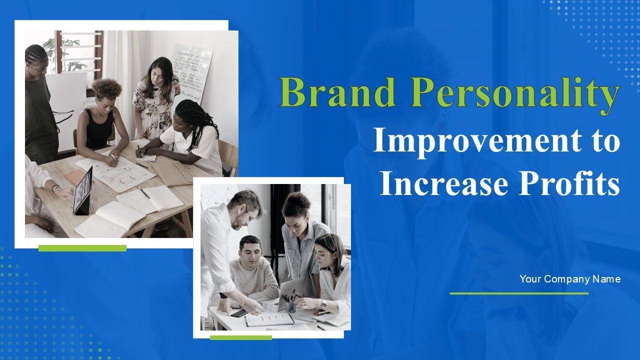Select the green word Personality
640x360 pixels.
515,95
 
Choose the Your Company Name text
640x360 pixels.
570,279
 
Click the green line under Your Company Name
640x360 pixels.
519,293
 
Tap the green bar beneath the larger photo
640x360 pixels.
82,248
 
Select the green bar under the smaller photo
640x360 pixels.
241,337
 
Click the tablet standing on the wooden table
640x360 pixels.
83,191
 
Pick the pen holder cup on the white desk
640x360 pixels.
290,306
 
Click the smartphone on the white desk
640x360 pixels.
239,313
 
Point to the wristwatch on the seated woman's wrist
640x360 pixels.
323,305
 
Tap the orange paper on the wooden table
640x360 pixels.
75,176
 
